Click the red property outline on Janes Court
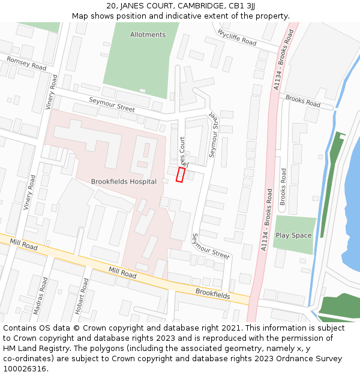[x=180, y=175]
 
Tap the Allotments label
[x=148, y=35]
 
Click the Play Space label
[x=293, y=235]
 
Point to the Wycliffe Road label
[x=237, y=38]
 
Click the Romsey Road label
[x=26, y=63]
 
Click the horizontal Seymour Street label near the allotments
[x=112, y=104]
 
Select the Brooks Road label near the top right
[x=303, y=100]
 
